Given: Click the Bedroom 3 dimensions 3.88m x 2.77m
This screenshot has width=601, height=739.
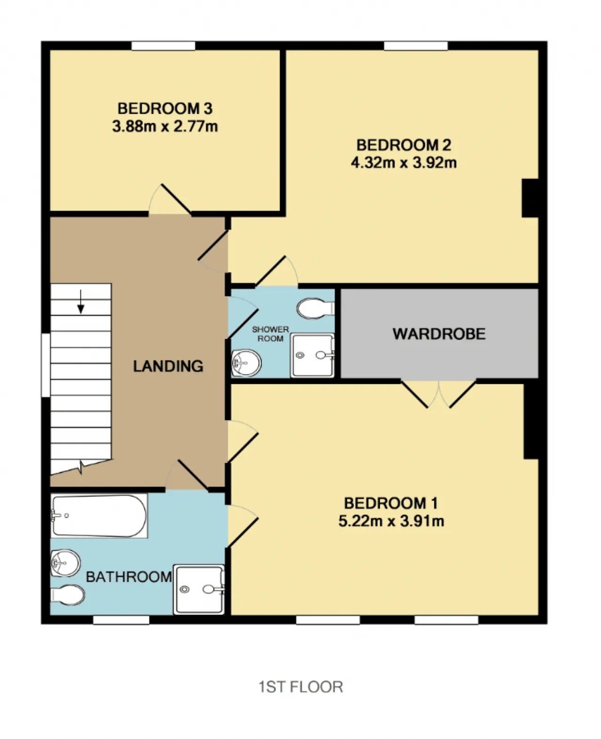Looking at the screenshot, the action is pyautogui.click(x=165, y=126).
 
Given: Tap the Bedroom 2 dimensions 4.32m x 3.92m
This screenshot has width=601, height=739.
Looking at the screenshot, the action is pyautogui.click(x=404, y=163).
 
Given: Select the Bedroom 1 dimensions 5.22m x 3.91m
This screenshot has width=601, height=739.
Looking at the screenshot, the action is pyautogui.click(x=391, y=521).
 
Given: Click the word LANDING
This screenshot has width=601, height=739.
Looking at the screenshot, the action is pyautogui.click(x=168, y=366).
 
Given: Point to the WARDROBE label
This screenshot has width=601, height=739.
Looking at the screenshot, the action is pyautogui.click(x=439, y=334).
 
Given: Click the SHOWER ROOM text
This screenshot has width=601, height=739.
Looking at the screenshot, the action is pyautogui.click(x=270, y=334).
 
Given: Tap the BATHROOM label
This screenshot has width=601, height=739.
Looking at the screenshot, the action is pyautogui.click(x=129, y=576).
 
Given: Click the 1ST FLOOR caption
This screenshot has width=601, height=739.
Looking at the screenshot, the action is pyautogui.click(x=300, y=687).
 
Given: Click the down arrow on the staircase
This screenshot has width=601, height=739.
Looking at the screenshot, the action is pyautogui.click(x=81, y=302).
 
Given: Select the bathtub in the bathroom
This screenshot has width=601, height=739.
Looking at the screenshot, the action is pyautogui.click(x=99, y=516).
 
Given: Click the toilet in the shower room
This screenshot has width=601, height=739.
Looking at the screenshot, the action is pyautogui.click(x=316, y=309).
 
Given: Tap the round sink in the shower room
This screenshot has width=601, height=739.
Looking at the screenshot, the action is pyautogui.click(x=246, y=363).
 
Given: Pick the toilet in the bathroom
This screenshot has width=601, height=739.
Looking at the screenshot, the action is pyautogui.click(x=68, y=595).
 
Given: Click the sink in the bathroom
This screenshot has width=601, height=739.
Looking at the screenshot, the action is pyautogui.click(x=66, y=563).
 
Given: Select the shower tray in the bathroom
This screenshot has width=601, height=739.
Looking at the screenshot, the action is pyautogui.click(x=199, y=590).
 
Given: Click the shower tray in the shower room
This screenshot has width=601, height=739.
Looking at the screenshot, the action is pyautogui.click(x=312, y=355).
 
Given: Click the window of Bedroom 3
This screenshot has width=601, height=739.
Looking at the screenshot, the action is pyautogui.click(x=163, y=46).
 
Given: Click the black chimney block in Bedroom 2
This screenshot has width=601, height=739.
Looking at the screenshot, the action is pyautogui.click(x=530, y=198).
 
